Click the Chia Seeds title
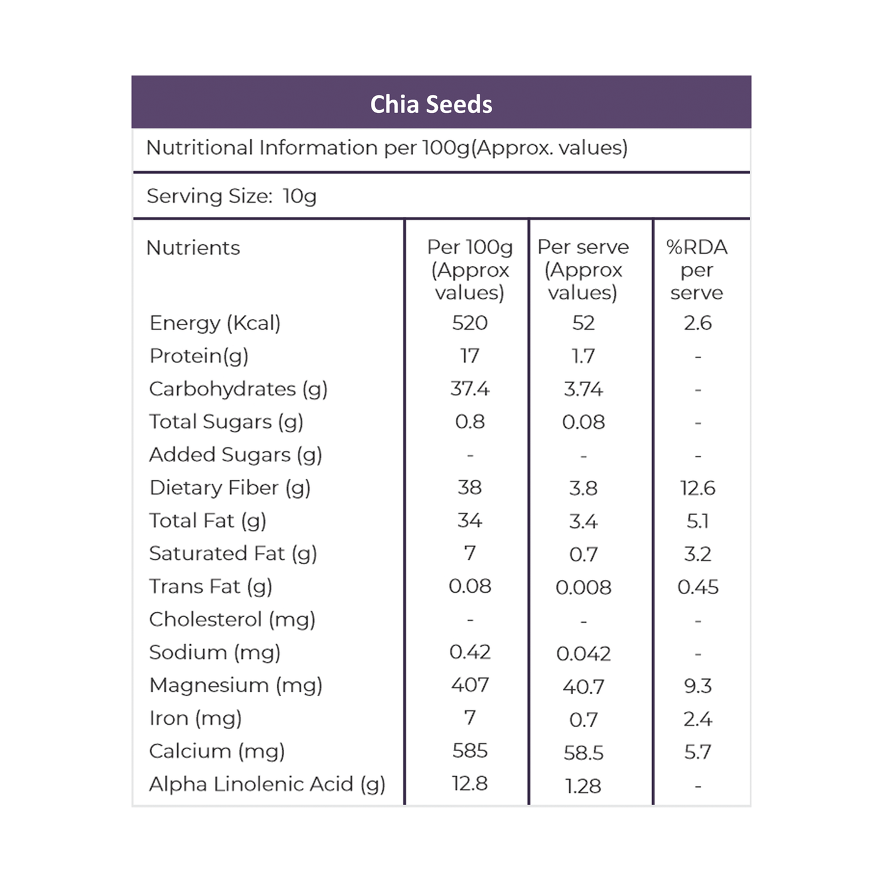[x=431, y=104]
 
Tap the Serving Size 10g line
[x=232, y=196]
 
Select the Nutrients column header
[x=193, y=248]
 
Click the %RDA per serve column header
[x=697, y=270]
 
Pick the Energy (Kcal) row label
[x=215, y=323]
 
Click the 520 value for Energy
[x=470, y=323]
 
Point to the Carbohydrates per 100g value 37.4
[x=470, y=389]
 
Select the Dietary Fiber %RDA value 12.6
[x=697, y=488]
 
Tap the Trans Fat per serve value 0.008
[x=584, y=587]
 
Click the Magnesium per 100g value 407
[x=470, y=685]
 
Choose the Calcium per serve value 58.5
[x=584, y=753]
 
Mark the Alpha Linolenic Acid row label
[x=267, y=785]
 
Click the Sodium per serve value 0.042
[x=584, y=654]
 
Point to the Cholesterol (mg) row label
[x=232, y=620]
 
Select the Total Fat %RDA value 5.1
[x=697, y=521]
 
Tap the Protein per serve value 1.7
[x=584, y=356]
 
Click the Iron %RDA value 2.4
[x=697, y=719]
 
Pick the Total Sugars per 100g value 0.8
[x=470, y=422]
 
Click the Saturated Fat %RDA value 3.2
[x=697, y=554]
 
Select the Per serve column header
[x=583, y=270]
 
